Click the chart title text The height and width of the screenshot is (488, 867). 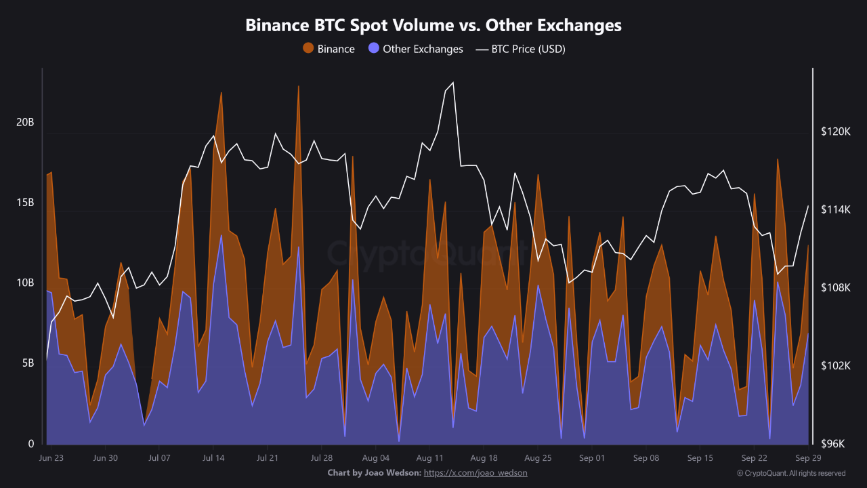(433, 26)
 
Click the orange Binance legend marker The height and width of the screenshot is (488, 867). (308, 49)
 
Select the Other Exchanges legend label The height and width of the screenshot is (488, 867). (423, 49)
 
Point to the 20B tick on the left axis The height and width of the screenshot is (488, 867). (25, 122)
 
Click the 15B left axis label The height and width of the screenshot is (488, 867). (25, 203)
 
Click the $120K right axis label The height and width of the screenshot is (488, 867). (835, 131)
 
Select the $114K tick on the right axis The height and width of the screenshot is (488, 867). (835, 210)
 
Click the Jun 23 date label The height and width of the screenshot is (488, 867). (51, 458)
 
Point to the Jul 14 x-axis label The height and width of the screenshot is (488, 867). (213, 458)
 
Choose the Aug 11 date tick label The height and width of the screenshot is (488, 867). (429, 458)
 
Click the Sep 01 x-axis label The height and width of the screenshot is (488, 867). (591, 458)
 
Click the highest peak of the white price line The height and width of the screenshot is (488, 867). (452, 83)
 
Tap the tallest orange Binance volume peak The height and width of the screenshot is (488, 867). (298, 86)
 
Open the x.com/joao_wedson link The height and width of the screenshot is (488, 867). (475, 472)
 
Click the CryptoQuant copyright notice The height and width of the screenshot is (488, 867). (790, 473)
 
